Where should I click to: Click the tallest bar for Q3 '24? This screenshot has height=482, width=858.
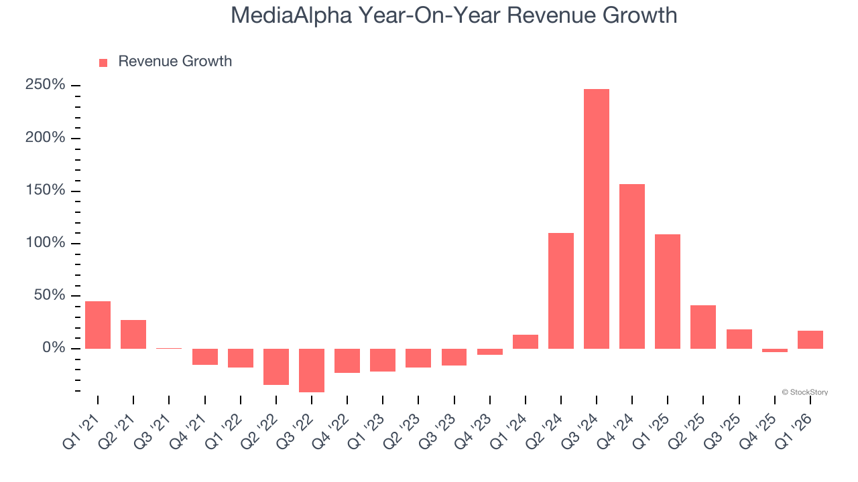pyautogui.click(x=596, y=219)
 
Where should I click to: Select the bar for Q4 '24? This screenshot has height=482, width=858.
pyautogui.click(x=631, y=266)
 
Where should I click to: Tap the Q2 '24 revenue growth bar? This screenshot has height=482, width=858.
pyautogui.click(x=560, y=291)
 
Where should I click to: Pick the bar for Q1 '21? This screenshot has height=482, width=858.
pyautogui.click(x=98, y=325)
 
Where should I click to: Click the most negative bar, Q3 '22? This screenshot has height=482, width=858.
pyautogui.click(x=312, y=370)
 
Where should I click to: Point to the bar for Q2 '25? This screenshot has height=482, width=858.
pyautogui.click(x=703, y=327)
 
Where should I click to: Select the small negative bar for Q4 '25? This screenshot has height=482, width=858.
pyautogui.click(x=774, y=350)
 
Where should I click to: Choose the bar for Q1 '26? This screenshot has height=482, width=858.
pyautogui.click(x=810, y=339)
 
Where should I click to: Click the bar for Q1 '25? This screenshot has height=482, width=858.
pyautogui.click(x=667, y=291)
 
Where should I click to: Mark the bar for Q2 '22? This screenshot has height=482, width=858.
pyautogui.click(x=276, y=367)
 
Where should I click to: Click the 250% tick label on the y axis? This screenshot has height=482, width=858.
pyautogui.click(x=45, y=85)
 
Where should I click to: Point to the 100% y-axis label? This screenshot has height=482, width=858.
pyautogui.click(x=45, y=243)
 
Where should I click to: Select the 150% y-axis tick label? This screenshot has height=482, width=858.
pyautogui.click(x=45, y=190)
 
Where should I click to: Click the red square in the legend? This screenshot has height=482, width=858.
pyautogui.click(x=103, y=63)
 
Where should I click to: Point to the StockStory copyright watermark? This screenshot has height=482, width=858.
pyautogui.click(x=804, y=392)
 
